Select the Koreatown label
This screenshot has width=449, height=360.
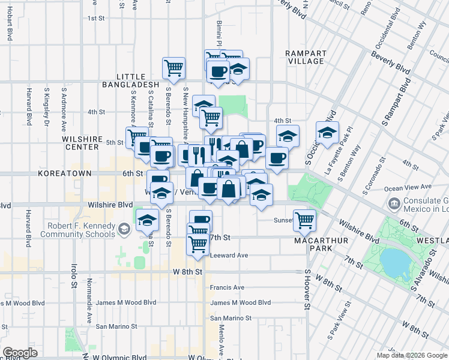(65, 173)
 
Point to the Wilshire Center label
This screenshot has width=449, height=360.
(80, 143)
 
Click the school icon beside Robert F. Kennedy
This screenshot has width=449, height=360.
(124, 229)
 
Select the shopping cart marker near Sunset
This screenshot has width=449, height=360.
(304, 220)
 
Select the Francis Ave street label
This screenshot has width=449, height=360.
(227, 287)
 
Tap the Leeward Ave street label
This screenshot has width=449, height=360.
(229, 255)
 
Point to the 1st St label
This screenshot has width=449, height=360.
(97, 18)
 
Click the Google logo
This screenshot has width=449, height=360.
(20, 353)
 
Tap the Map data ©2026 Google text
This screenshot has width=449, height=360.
(412, 355)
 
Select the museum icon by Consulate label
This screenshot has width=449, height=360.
(394, 203)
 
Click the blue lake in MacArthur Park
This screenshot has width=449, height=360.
(393, 261)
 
